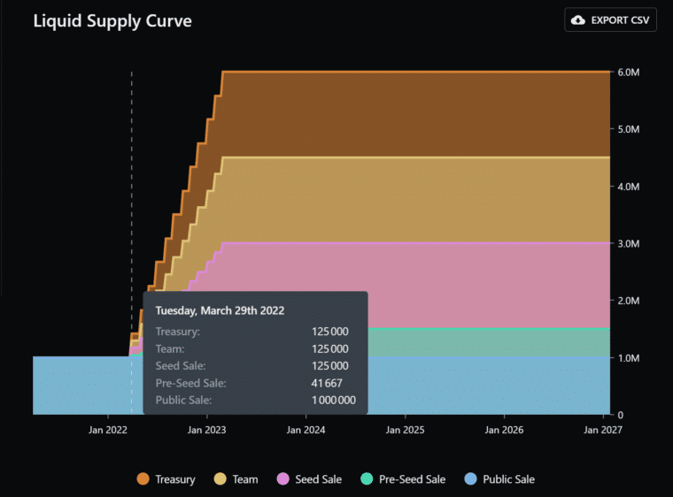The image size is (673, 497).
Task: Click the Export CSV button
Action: (610, 19)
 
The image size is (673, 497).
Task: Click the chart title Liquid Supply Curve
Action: (112, 19)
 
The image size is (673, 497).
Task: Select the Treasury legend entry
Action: (167, 479)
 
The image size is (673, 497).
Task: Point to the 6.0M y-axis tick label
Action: (628, 72)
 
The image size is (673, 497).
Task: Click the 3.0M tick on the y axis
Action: (628, 243)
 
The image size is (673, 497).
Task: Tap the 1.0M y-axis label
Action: (628, 358)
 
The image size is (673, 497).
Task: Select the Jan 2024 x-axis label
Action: (306, 430)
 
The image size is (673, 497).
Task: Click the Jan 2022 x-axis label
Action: (107, 430)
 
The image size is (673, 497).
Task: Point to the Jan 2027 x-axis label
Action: (603, 430)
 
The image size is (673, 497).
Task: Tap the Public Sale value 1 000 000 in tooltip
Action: (334, 401)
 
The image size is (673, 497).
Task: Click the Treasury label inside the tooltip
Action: (177, 332)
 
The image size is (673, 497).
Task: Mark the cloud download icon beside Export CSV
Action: (578, 19)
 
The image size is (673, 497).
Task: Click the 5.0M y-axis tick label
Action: (628, 129)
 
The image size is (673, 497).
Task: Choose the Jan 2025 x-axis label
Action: (405, 430)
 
